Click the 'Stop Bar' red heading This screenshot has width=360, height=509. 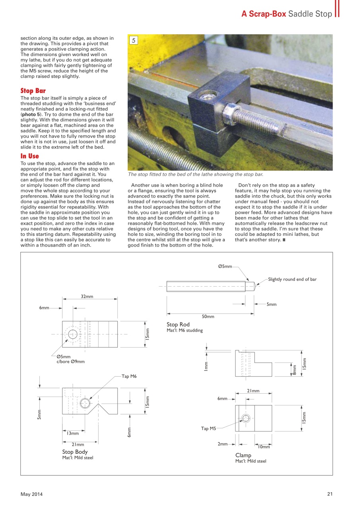pyautogui.click(x=33, y=91)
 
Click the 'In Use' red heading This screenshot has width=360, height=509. pyautogui.click(x=30, y=156)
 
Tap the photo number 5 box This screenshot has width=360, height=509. pyautogui.click(x=134, y=40)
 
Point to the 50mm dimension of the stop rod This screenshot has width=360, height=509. pyautogui.click(x=208, y=317)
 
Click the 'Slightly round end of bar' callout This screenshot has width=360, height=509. pyautogui.click(x=292, y=279)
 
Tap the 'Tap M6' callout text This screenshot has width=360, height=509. pyautogui.click(x=129, y=376)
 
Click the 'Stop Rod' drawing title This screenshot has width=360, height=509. pyautogui.click(x=178, y=324)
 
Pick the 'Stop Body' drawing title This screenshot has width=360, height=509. pyautogui.click(x=75, y=452)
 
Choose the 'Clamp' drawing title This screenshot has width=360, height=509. pyautogui.click(x=243, y=455)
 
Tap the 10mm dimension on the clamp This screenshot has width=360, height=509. pyautogui.click(x=264, y=447)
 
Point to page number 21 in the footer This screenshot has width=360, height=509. pyautogui.click(x=330, y=494)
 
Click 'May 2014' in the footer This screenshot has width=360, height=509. pyautogui.click(x=31, y=494)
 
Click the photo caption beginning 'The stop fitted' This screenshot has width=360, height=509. pyautogui.click(x=195, y=175)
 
